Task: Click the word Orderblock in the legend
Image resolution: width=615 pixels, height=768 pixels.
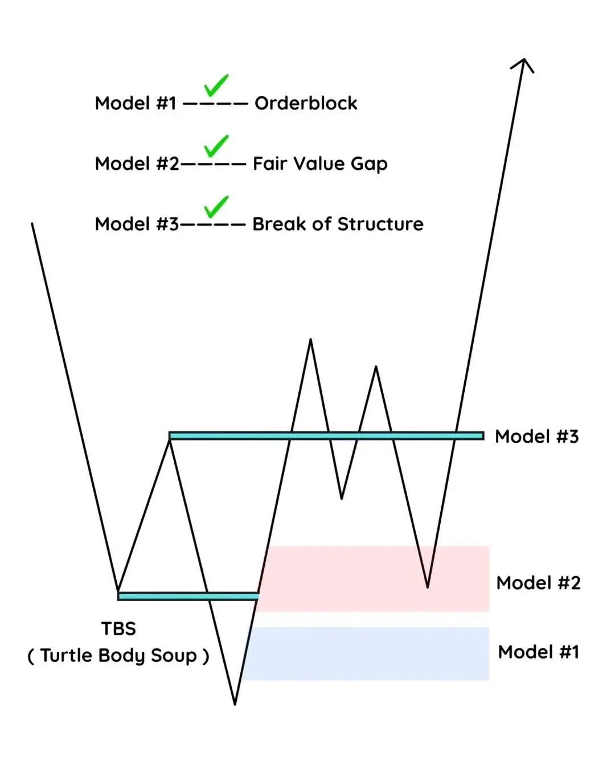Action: point(306,103)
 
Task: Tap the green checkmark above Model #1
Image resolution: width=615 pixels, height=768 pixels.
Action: point(216,85)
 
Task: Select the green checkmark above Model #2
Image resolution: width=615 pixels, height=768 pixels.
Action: point(216,146)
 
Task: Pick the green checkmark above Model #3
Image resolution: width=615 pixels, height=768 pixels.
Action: point(216,206)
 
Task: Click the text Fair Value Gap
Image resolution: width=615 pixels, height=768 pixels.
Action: point(320,164)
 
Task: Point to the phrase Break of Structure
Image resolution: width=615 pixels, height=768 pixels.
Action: point(338,224)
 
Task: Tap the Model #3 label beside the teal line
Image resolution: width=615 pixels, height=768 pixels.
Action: point(536,436)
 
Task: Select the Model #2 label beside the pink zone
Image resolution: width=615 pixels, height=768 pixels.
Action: point(538,583)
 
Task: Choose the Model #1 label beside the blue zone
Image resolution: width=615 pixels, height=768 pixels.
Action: point(538,652)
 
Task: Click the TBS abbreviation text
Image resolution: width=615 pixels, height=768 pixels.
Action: point(118,628)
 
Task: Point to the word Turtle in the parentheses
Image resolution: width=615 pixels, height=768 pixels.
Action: point(67,655)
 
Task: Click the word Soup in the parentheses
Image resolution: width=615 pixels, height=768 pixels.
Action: point(174,655)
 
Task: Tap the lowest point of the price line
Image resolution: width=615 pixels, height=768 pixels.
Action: point(235,704)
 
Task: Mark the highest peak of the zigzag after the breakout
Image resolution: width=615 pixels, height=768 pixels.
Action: point(310,340)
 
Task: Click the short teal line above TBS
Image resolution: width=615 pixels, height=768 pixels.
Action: point(188,596)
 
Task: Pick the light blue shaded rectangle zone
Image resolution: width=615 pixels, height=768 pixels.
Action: point(364,653)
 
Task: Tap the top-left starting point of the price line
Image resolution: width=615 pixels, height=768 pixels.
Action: point(32,224)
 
